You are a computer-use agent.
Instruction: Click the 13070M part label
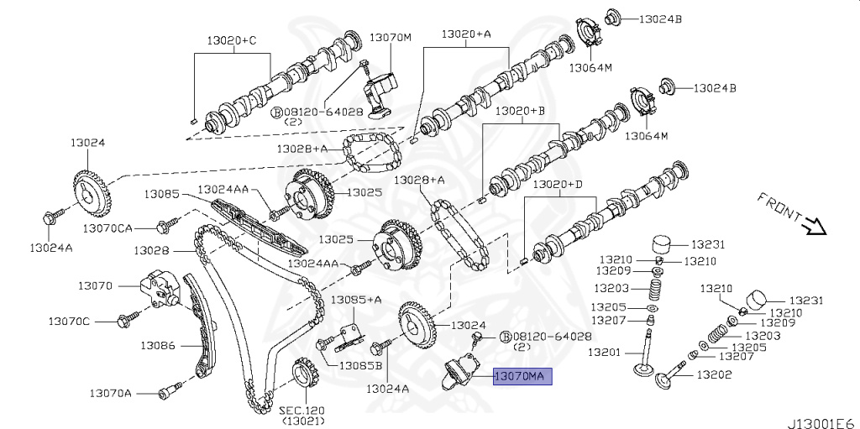pos(391,38)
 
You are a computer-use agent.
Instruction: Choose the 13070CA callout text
pos(107,228)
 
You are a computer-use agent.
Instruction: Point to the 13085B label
pos(360,365)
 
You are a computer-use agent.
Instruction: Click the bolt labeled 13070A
pos(170,390)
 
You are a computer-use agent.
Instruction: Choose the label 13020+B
pos(520,111)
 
